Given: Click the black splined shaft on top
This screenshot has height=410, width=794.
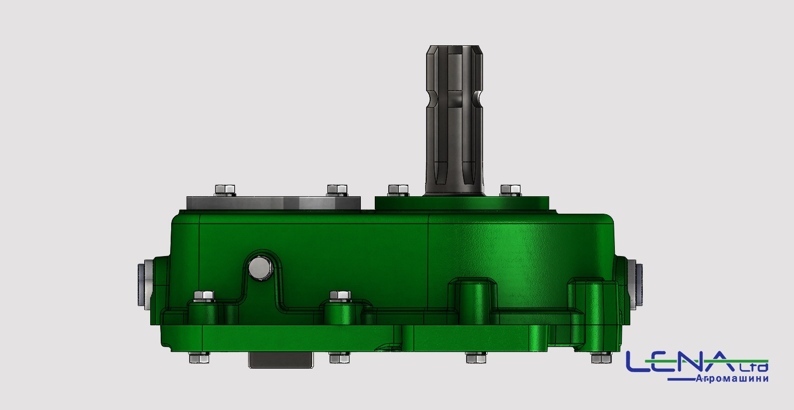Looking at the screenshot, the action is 455,120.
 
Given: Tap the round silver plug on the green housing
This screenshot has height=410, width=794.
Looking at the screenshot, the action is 260,268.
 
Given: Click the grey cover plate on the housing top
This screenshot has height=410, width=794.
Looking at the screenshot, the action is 273,203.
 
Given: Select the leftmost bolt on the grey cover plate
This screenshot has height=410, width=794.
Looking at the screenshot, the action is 225,190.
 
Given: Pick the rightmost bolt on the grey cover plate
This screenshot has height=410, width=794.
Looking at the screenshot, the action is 337,190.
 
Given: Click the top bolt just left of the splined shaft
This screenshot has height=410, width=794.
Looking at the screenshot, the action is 398,190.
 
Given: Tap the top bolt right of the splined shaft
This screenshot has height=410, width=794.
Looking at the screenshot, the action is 511,190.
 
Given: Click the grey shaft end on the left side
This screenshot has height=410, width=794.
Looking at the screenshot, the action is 145,284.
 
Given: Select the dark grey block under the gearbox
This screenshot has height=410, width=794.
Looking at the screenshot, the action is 281,360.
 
